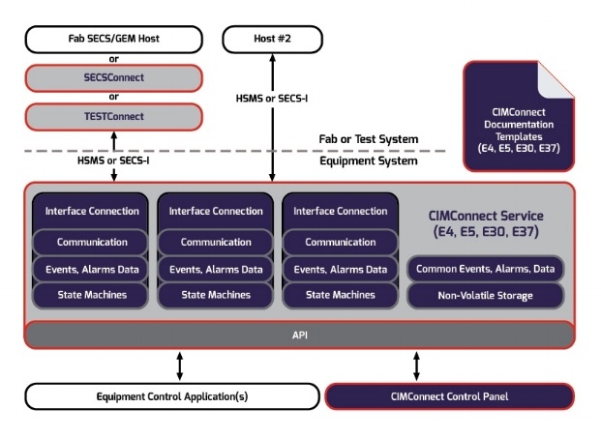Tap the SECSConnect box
tap(114, 77)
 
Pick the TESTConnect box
tap(114, 117)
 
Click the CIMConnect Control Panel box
tap(450, 395)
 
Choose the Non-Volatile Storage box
tap(485, 296)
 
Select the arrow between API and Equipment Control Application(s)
tap(179, 365)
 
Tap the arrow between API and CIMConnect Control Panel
tap(417, 365)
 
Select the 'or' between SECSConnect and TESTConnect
tap(114, 97)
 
